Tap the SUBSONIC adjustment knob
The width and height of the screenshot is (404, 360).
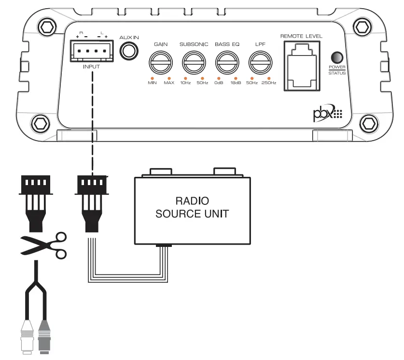[194, 62]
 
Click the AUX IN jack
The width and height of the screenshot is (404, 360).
[129, 50]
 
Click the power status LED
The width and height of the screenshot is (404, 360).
[334, 57]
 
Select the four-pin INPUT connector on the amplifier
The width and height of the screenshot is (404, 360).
[91, 51]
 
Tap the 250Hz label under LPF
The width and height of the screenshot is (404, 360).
[268, 83]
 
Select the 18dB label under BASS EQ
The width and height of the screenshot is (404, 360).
[236, 83]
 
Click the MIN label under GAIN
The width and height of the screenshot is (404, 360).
[153, 83]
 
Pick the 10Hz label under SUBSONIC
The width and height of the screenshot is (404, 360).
[185, 83]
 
